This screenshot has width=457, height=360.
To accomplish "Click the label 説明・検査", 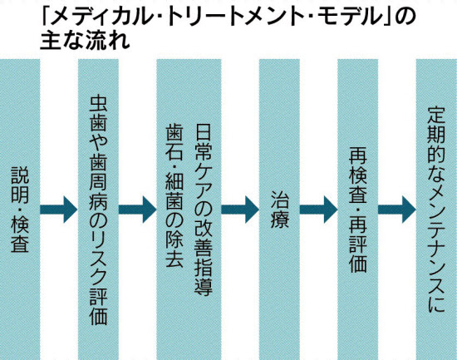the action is pos(20,210).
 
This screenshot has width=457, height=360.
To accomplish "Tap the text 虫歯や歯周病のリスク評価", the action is pos(98,210).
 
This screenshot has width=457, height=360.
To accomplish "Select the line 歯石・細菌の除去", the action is pos(174,195).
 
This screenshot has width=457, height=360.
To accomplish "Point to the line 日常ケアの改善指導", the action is pos(203,210).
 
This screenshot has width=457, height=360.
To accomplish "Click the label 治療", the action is pos(279,210).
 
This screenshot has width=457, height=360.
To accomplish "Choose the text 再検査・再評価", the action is pos(357,210).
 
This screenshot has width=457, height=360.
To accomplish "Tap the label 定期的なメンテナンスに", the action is pos(436,210).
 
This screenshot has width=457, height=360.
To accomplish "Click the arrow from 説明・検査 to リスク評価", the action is pos(59,210).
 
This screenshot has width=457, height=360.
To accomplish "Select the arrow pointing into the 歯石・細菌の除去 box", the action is pos(137,210).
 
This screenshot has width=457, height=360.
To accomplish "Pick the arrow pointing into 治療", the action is pos(240,210).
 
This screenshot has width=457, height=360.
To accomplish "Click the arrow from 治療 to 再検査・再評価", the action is pos(318,210).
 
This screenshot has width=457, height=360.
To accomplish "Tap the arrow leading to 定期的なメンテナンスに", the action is pos(396,210).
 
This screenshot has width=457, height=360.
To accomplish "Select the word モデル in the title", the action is pos(351,17).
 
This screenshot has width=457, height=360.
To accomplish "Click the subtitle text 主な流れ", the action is pos(85,41).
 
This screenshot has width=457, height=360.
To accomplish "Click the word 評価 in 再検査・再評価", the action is pos(357,254).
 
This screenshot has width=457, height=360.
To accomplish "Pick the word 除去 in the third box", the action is pos(174,249).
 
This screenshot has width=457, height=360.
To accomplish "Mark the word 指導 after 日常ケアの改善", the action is pos(203,277).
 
